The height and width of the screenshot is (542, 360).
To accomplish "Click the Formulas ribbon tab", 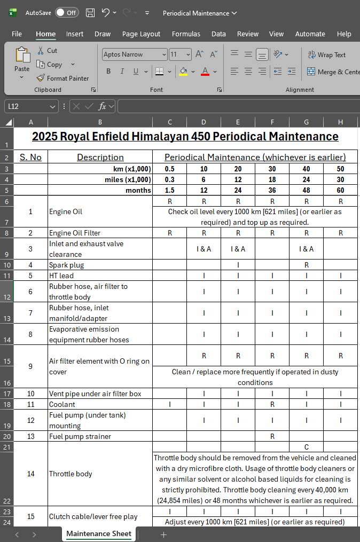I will (x=186, y=34).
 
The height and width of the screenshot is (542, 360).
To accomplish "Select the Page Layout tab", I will (x=141, y=34).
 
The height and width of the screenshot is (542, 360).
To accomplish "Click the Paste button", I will (x=22, y=61).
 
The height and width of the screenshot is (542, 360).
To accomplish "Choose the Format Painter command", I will (x=62, y=78).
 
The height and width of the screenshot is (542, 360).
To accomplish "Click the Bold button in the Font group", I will (x=108, y=72).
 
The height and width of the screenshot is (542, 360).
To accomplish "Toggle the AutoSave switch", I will (x=66, y=12).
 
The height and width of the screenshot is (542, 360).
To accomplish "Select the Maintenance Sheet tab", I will (x=99, y=533).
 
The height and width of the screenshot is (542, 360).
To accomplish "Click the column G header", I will (x=306, y=122).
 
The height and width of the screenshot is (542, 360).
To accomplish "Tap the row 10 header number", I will (x=6, y=265).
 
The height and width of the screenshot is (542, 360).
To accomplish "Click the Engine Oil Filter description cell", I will (x=100, y=233).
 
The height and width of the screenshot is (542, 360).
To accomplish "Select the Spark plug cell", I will (x=100, y=265).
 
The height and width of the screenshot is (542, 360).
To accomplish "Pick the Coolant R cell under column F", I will (x=272, y=404).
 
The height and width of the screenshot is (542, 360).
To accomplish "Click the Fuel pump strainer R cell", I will (x=272, y=436).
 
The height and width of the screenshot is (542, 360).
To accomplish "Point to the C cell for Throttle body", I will (x=306, y=446).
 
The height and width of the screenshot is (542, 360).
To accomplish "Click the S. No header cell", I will (x=30, y=157).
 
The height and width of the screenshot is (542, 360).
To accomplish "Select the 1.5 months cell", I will (x=169, y=190).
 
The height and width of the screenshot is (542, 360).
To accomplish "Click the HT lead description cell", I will (x=100, y=276).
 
